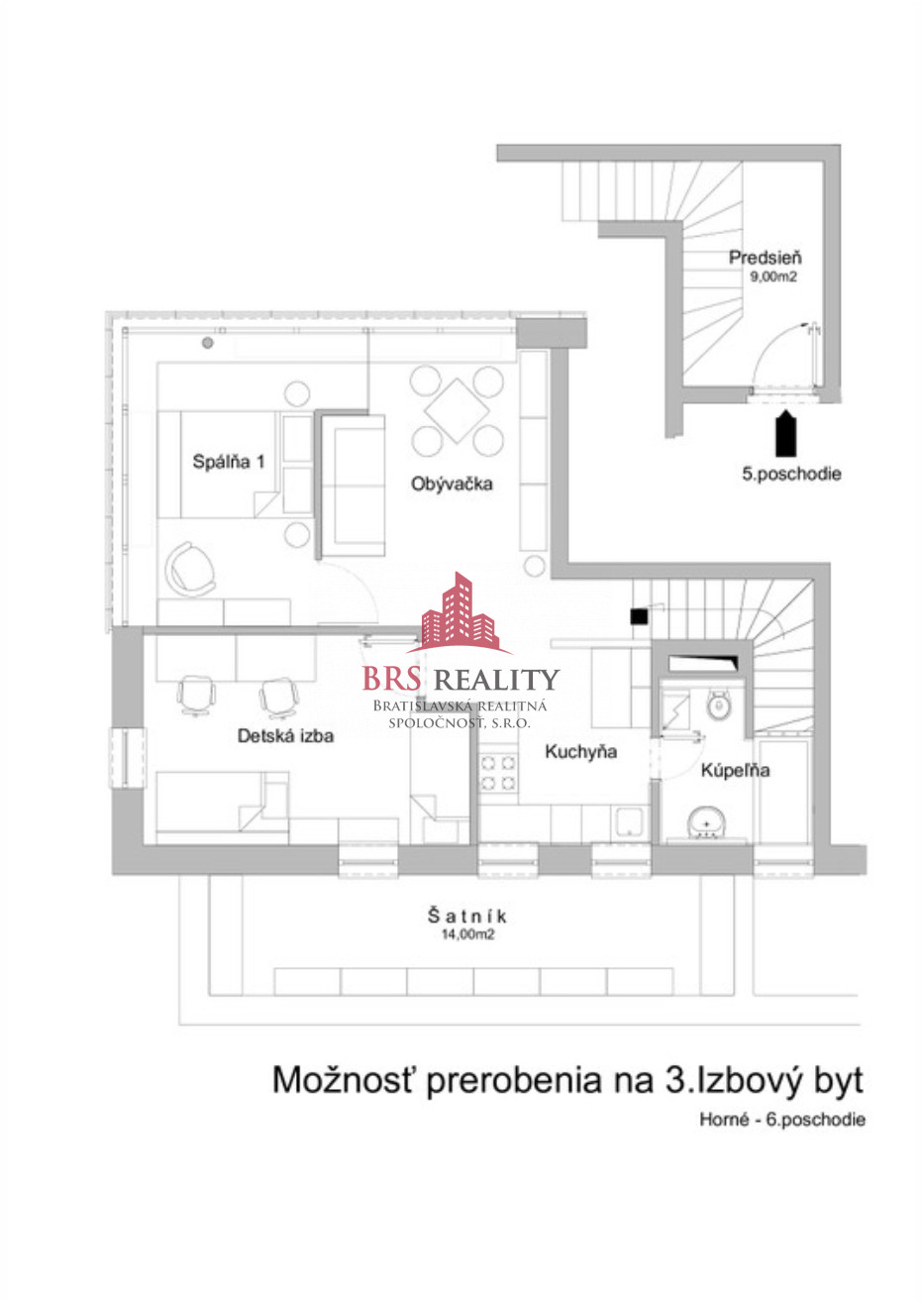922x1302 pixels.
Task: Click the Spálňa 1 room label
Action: click(229, 462)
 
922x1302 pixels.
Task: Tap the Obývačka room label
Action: click(452, 484)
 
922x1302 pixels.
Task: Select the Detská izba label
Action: click(286, 736)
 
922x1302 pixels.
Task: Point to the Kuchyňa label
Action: click(580, 752)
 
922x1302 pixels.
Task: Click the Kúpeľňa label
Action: click(735, 771)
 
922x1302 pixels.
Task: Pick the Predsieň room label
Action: click(766, 258)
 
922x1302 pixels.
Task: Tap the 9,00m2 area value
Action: click(773, 276)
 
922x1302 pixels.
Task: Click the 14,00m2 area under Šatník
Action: click(467, 934)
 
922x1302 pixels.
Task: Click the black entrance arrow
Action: click(785, 433)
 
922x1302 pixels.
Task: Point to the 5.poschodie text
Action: click(791, 474)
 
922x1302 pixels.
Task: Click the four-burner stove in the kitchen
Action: click(498, 773)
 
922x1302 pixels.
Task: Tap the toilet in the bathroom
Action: click(719, 705)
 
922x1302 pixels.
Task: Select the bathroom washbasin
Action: click(706, 823)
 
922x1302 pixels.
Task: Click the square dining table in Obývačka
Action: click(457, 411)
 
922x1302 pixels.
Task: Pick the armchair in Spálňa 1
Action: click(189, 569)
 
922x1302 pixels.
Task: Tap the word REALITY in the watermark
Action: click(497, 679)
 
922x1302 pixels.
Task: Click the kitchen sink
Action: click(629, 823)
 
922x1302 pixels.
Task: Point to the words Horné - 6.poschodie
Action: click(782, 1120)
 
